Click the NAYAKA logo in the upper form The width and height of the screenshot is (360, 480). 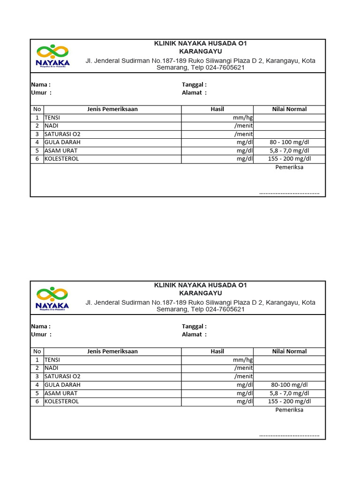tap(53, 56)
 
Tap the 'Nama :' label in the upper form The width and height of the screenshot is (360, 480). tap(41, 84)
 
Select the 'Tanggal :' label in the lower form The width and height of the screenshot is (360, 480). tap(194, 326)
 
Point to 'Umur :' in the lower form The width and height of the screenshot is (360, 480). tap(41, 334)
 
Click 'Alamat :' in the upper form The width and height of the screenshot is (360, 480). tap(194, 92)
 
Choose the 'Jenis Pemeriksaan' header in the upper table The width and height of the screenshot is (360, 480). tap(112, 109)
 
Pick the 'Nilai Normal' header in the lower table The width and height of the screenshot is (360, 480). tap(289, 351)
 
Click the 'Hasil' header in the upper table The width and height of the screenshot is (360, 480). tap(217, 109)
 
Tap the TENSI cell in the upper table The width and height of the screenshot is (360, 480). tap(52, 118)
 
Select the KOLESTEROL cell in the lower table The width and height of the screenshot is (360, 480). tap(61, 401)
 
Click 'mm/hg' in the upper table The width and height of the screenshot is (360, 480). tap(242, 118)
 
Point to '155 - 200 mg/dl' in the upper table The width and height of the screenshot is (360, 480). tap(289, 159)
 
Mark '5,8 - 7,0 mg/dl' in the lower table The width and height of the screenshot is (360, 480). tap(289, 393)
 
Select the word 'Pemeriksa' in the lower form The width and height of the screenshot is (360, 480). tap(289, 410)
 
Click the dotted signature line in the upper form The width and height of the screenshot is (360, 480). tap(289, 193)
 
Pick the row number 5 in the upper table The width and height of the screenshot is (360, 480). tap(37, 150)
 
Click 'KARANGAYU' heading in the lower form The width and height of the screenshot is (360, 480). tap(201, 293)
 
